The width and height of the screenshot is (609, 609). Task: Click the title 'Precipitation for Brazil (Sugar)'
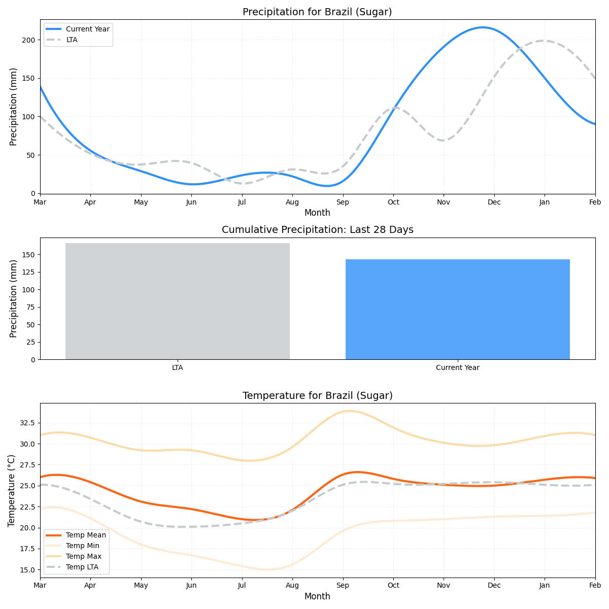317,12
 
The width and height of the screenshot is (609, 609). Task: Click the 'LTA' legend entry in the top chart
72,40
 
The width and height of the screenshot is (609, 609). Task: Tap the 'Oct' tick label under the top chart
393,202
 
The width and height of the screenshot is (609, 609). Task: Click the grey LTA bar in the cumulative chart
178,301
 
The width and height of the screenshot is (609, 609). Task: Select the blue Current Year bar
457,310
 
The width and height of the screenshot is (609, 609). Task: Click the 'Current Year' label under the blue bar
457,367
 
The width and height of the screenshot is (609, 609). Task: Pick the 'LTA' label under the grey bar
178,367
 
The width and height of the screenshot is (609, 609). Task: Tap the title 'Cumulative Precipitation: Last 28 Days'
317,230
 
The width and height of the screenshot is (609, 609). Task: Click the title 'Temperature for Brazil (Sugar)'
317,395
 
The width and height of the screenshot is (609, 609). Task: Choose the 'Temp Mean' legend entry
86,535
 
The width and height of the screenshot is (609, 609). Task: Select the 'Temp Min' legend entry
83,546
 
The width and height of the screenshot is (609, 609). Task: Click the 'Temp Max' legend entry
84,556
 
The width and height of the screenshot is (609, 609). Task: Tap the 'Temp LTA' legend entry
82,567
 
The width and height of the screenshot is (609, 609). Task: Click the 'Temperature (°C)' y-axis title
12,490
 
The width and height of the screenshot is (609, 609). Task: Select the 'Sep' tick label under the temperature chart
343,586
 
